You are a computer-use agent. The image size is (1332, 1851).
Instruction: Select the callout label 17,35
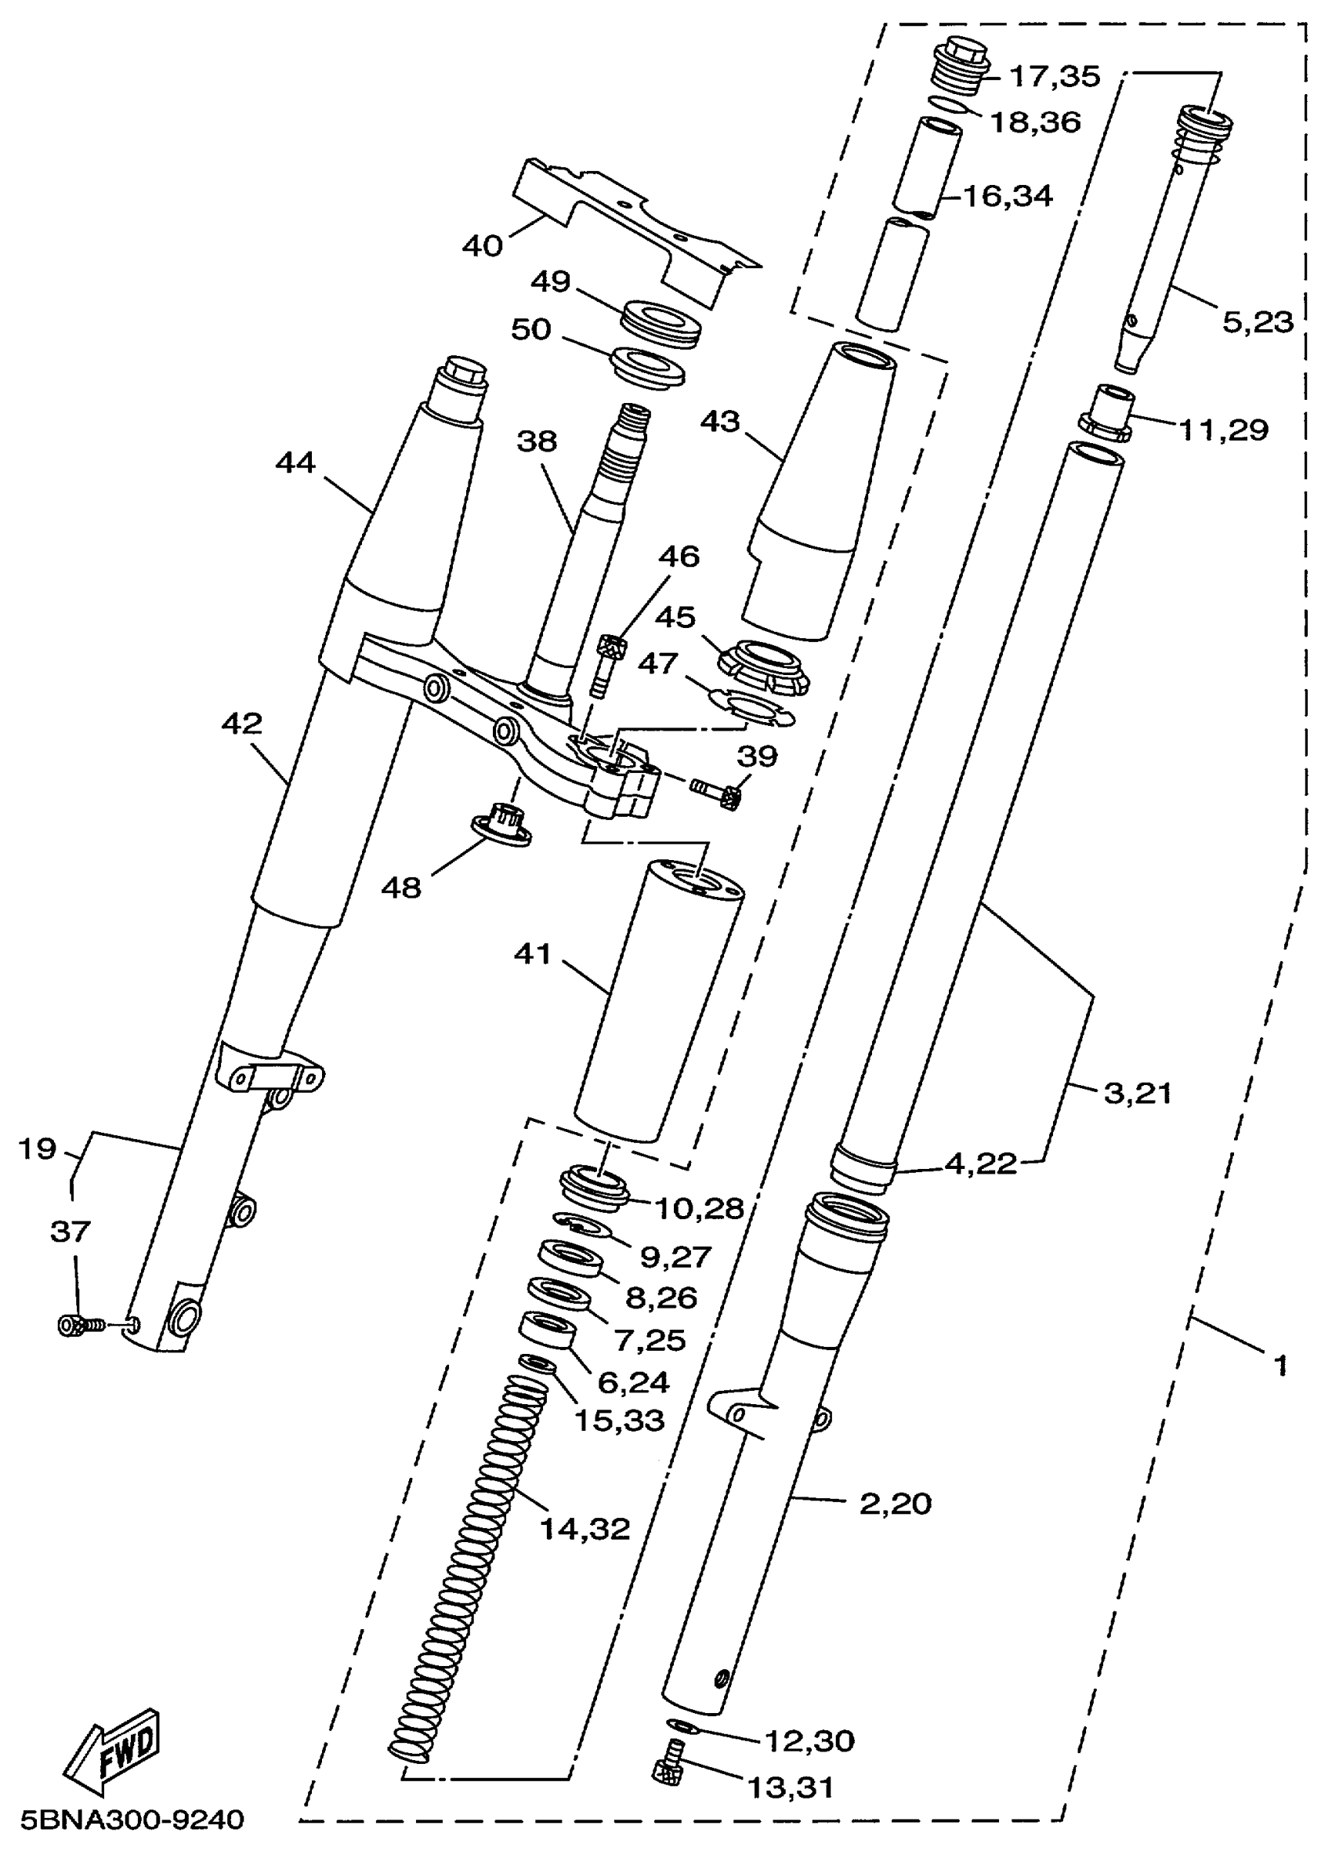point(1055,77)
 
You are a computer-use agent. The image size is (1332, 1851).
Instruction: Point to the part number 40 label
point(482,245)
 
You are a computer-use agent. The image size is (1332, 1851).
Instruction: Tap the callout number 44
point(295,463)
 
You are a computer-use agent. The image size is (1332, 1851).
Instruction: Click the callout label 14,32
point(585,1529)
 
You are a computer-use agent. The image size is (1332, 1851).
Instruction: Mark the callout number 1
point(1280,1365)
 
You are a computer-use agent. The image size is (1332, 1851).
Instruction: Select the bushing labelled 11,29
point(1107,412)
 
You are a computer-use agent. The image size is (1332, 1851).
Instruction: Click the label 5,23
point(1257,322)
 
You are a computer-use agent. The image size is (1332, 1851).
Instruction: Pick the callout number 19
point(38,1149)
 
